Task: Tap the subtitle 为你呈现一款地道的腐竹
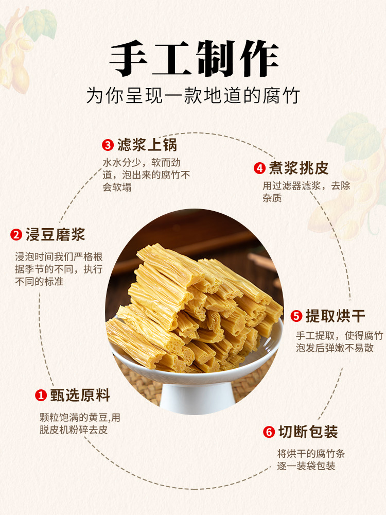tap(193, 95)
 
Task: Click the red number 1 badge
tap(41, 396)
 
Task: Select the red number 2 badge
tap(16, 235)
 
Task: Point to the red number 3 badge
tap(108, 144)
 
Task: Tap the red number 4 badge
tap(259, 168)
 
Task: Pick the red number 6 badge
tap(269, 432)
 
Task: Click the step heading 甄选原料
tap(80, 396)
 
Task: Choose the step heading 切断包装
tap(308, 432)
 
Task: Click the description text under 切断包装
tap(310, 460)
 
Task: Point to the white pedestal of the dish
tap(193, 397)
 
